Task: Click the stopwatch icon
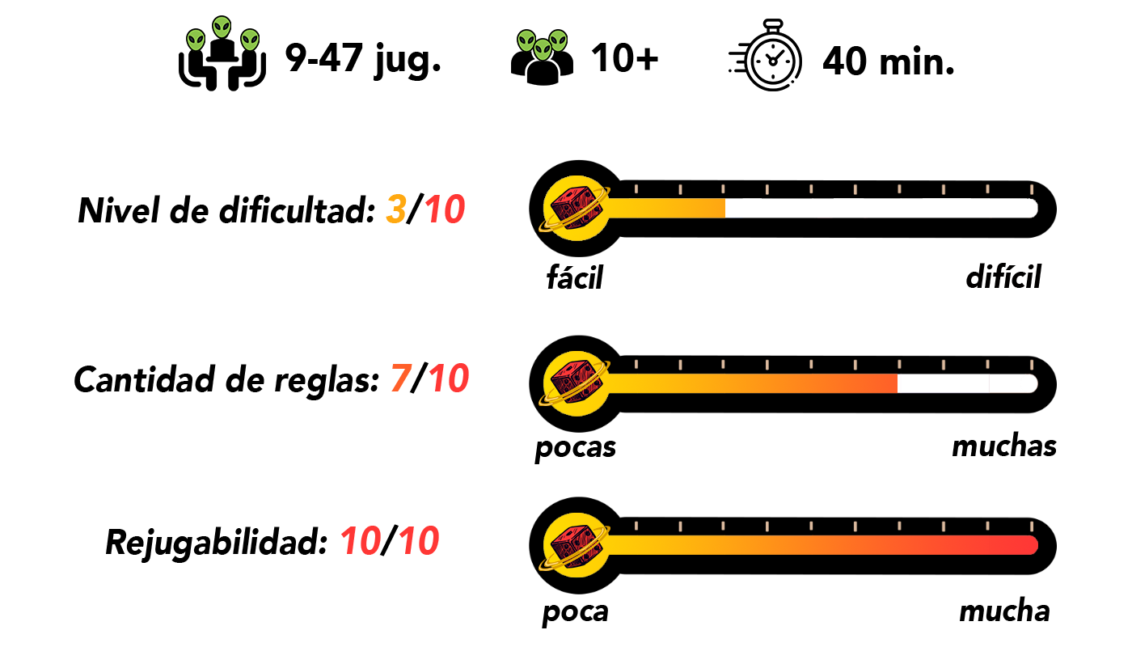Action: click(767, 56)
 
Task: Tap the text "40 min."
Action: click(889, 61)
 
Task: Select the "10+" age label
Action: click(624, 58)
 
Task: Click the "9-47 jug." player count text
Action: click(363, 60)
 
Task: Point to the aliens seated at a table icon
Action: click(222, 53)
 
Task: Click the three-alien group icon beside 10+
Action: click(543, 57)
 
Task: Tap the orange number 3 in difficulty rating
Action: click(395, 209)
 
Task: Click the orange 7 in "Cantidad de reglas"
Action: click(400, 378)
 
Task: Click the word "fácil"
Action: click(575, 277)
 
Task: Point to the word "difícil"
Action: click(1003, 276)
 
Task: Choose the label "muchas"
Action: click(1004, 446)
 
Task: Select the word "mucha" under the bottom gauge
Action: click(1004, 611)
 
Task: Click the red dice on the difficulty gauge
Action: click(577, 209)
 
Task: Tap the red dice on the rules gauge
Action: click(577, 383)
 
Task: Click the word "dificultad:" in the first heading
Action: click(298, 210)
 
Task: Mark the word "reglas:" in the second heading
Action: click(327, 381)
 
